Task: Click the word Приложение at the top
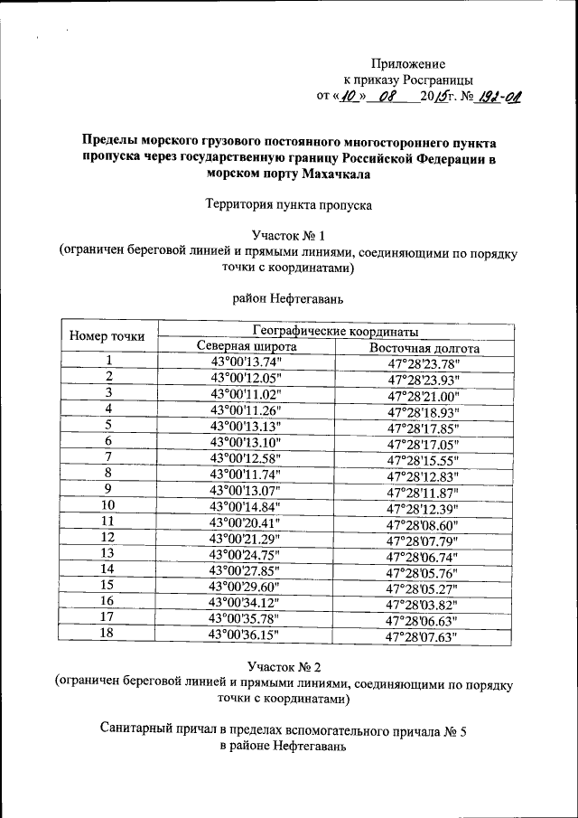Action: pyautogui.click(x=408, y=63)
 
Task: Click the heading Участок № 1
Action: pyautogui.click(x=288, y=236)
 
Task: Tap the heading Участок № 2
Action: pyautogui.click(x=288, y=667)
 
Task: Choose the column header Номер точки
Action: pyautogui.click(x=107, y=337)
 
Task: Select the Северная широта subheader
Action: pyautogui.click(x=246, y=347)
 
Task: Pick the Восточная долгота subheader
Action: pyautogui.click(x=424, y=348)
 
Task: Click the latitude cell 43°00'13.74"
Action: pyautogui.click(x=246, y=362)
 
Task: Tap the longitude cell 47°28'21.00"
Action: pyautogui.click(x=424, y=396)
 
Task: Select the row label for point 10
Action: pyautogui.click(x=107, y=504)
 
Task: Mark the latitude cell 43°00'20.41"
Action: pyautogui.click(x=246, y=522)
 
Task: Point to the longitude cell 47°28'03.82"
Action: pyautogui.click(x=423, y=604)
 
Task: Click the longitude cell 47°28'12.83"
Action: pyautogui.click(x=423, y=476)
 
